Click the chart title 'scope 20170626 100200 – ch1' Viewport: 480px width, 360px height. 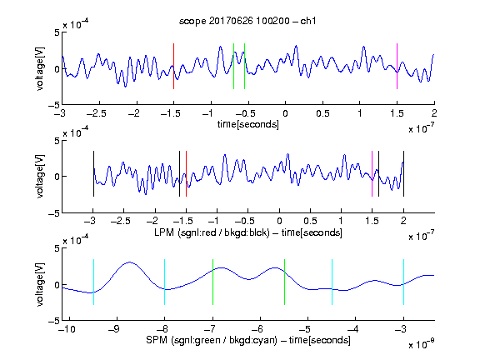(247, 21)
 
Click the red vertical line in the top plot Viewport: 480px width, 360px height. (173, 66)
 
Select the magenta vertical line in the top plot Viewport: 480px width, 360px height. (397, 66)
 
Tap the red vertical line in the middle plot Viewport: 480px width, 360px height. (186, 173)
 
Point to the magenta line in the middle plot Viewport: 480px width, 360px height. (372, 173)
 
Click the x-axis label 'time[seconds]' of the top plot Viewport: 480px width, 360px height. (248, 125)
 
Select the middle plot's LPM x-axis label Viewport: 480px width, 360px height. (248, 232)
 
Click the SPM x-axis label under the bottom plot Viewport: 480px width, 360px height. (248, 340)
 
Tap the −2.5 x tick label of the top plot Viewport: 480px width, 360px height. (97, 113)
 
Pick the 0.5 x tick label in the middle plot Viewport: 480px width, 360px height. (310, 221)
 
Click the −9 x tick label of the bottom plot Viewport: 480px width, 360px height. (114, 329)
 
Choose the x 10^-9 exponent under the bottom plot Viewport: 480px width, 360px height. (421, 344)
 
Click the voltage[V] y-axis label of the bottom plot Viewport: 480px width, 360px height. (40, 284)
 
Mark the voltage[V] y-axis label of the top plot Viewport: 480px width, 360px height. (40, 68)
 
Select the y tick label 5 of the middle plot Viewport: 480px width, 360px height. (57, 141)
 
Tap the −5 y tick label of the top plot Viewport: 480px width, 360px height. (54, 105)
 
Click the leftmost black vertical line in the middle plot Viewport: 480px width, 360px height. (93, 173)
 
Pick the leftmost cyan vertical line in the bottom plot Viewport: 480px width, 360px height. (93, 282)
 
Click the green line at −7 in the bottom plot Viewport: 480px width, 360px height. (212, 282)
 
